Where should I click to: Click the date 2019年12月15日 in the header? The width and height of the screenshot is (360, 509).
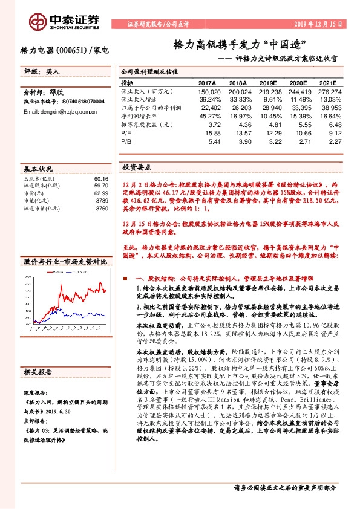316,24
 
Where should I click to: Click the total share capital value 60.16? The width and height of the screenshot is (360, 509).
101,179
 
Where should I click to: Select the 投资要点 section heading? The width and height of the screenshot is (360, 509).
137,166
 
